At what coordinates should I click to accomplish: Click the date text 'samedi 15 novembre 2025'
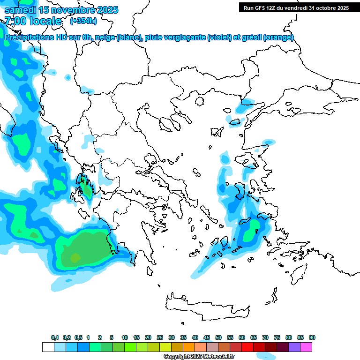(x=61, y=10)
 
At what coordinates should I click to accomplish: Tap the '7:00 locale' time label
(x=33, y=21)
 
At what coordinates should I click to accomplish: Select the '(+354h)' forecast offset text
(x=83, y=21)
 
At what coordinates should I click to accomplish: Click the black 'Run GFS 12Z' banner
(x=296, y=7)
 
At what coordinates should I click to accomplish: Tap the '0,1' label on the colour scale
(x=55, y=338)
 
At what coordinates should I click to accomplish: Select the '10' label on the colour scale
(x=125, y=338)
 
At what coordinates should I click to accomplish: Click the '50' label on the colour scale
(x=218, y=338)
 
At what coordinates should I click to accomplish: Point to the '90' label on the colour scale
(x=312, y=338)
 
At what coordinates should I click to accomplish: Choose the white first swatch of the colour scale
(x=48, y=347)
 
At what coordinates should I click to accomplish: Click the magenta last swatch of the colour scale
(x=306, y=347)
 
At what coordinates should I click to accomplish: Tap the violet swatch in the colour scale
(x=294, y=347)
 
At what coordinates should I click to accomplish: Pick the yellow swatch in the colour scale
(x=165, y=347)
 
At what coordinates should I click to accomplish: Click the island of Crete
(x=206, y=305)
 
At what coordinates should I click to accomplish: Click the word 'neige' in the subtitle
(x=105, y=37)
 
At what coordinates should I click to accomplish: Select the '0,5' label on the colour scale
(x=78, y=338)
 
